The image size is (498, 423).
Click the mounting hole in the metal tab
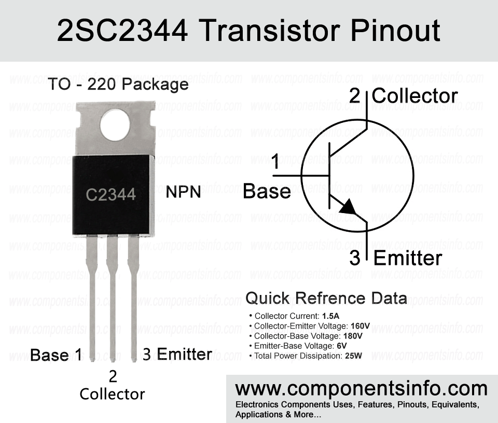pyautogui.click(x=115, y=125)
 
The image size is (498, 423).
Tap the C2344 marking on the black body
pyautogui.click(x=111, y=194)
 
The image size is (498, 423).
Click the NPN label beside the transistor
pyautogui.click(x=183, y=192)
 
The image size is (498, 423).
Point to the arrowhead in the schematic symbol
pyautogui.click(x=348, y=207)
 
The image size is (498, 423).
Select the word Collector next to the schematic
pyautogui.click(x=414, y=96)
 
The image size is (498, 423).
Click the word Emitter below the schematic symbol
pyautogui.click(x=408, y=258)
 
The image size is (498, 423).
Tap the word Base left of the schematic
pyautogui.click(x=267, y=191)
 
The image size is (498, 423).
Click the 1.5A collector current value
pyautogui.click(x=330, y=316)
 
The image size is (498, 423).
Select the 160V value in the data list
pyautogui.click(x=360, y=326)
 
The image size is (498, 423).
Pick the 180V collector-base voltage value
pyautogui.click(x=353, y=336)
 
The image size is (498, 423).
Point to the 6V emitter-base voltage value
pyautogui.click(x=342, y=346)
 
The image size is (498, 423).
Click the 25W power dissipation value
pyautogui.click(x=353, y=356)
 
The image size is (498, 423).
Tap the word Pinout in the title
pyautogui.click(x=395, y=31)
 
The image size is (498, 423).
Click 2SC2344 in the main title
pyautogui.click(x=122, y=31)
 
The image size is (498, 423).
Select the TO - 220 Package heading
pyautogui.click(x=118, y=84)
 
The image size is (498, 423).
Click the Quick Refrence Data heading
pyautogui.click(x=326, y=298)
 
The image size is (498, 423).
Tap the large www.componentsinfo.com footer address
pyautogui.click(x=361, y=389)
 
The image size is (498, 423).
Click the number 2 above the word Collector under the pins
pyautogui.click(x=113, y=377)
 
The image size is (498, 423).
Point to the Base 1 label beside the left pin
pyautogui.click(x=56, y=355)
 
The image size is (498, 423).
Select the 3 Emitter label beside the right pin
pyautogui.click(x=177, y=354)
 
